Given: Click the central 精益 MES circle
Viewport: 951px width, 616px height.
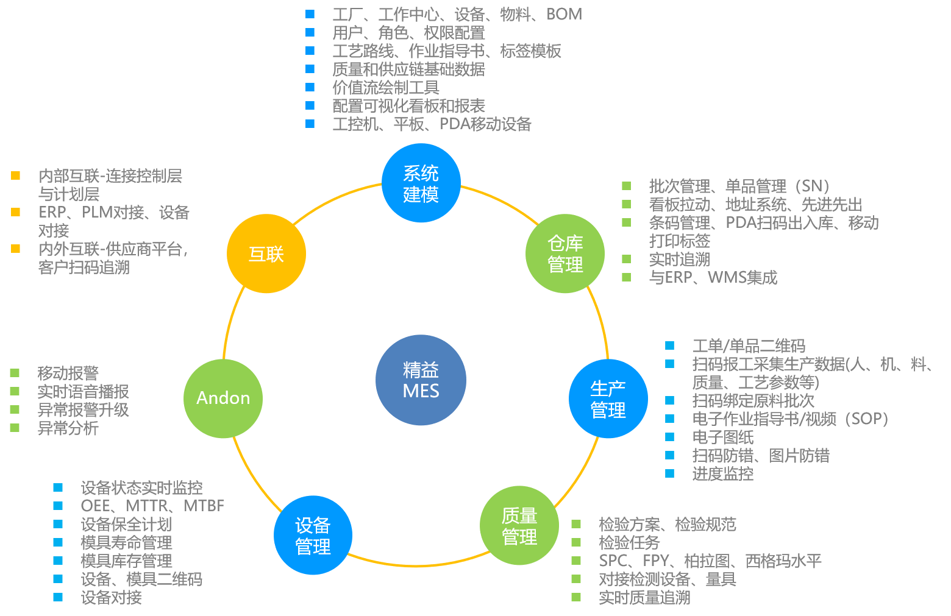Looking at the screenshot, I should (x=421, y=380).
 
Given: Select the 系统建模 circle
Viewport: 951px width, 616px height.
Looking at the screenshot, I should (x=421, y=183).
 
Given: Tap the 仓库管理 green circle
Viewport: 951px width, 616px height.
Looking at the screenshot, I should (x=565, y=253).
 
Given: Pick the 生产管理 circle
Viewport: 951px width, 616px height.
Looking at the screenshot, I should (x=608, y=399).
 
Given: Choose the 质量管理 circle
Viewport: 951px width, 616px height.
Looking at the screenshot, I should (x=519, y=526).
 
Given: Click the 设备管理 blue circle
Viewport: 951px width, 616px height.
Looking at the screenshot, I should (x=313, y=536).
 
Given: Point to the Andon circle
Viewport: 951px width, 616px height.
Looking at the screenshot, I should (x=223, y=398).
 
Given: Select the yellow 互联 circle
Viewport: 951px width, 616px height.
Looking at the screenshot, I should (x=266, y=253).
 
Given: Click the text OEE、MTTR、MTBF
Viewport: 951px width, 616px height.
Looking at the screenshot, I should (x=152, y=506).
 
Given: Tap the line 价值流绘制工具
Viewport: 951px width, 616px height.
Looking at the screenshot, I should (x=385, y=88).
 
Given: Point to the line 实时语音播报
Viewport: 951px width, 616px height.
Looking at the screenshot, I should (x=83, y=392).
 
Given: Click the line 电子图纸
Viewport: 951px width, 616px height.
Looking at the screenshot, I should (x=722, y=437).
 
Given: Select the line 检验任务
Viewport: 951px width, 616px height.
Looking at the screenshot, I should (x=629, y=542).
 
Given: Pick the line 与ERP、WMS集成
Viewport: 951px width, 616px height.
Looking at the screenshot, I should (x=713, y=278).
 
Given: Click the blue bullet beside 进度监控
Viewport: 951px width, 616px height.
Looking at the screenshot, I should (x=670, y=474).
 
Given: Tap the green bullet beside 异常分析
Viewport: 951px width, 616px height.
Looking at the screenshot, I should (x=15, y=428).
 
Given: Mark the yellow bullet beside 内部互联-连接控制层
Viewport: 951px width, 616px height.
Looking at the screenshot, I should (x=16, y=176).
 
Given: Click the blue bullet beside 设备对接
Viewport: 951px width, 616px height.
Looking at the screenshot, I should (x=59, y=597).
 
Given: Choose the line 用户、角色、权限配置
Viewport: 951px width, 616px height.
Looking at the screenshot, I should (x=408, y=33).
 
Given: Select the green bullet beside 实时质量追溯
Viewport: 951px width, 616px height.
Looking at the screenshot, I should (x=576, y=597).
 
